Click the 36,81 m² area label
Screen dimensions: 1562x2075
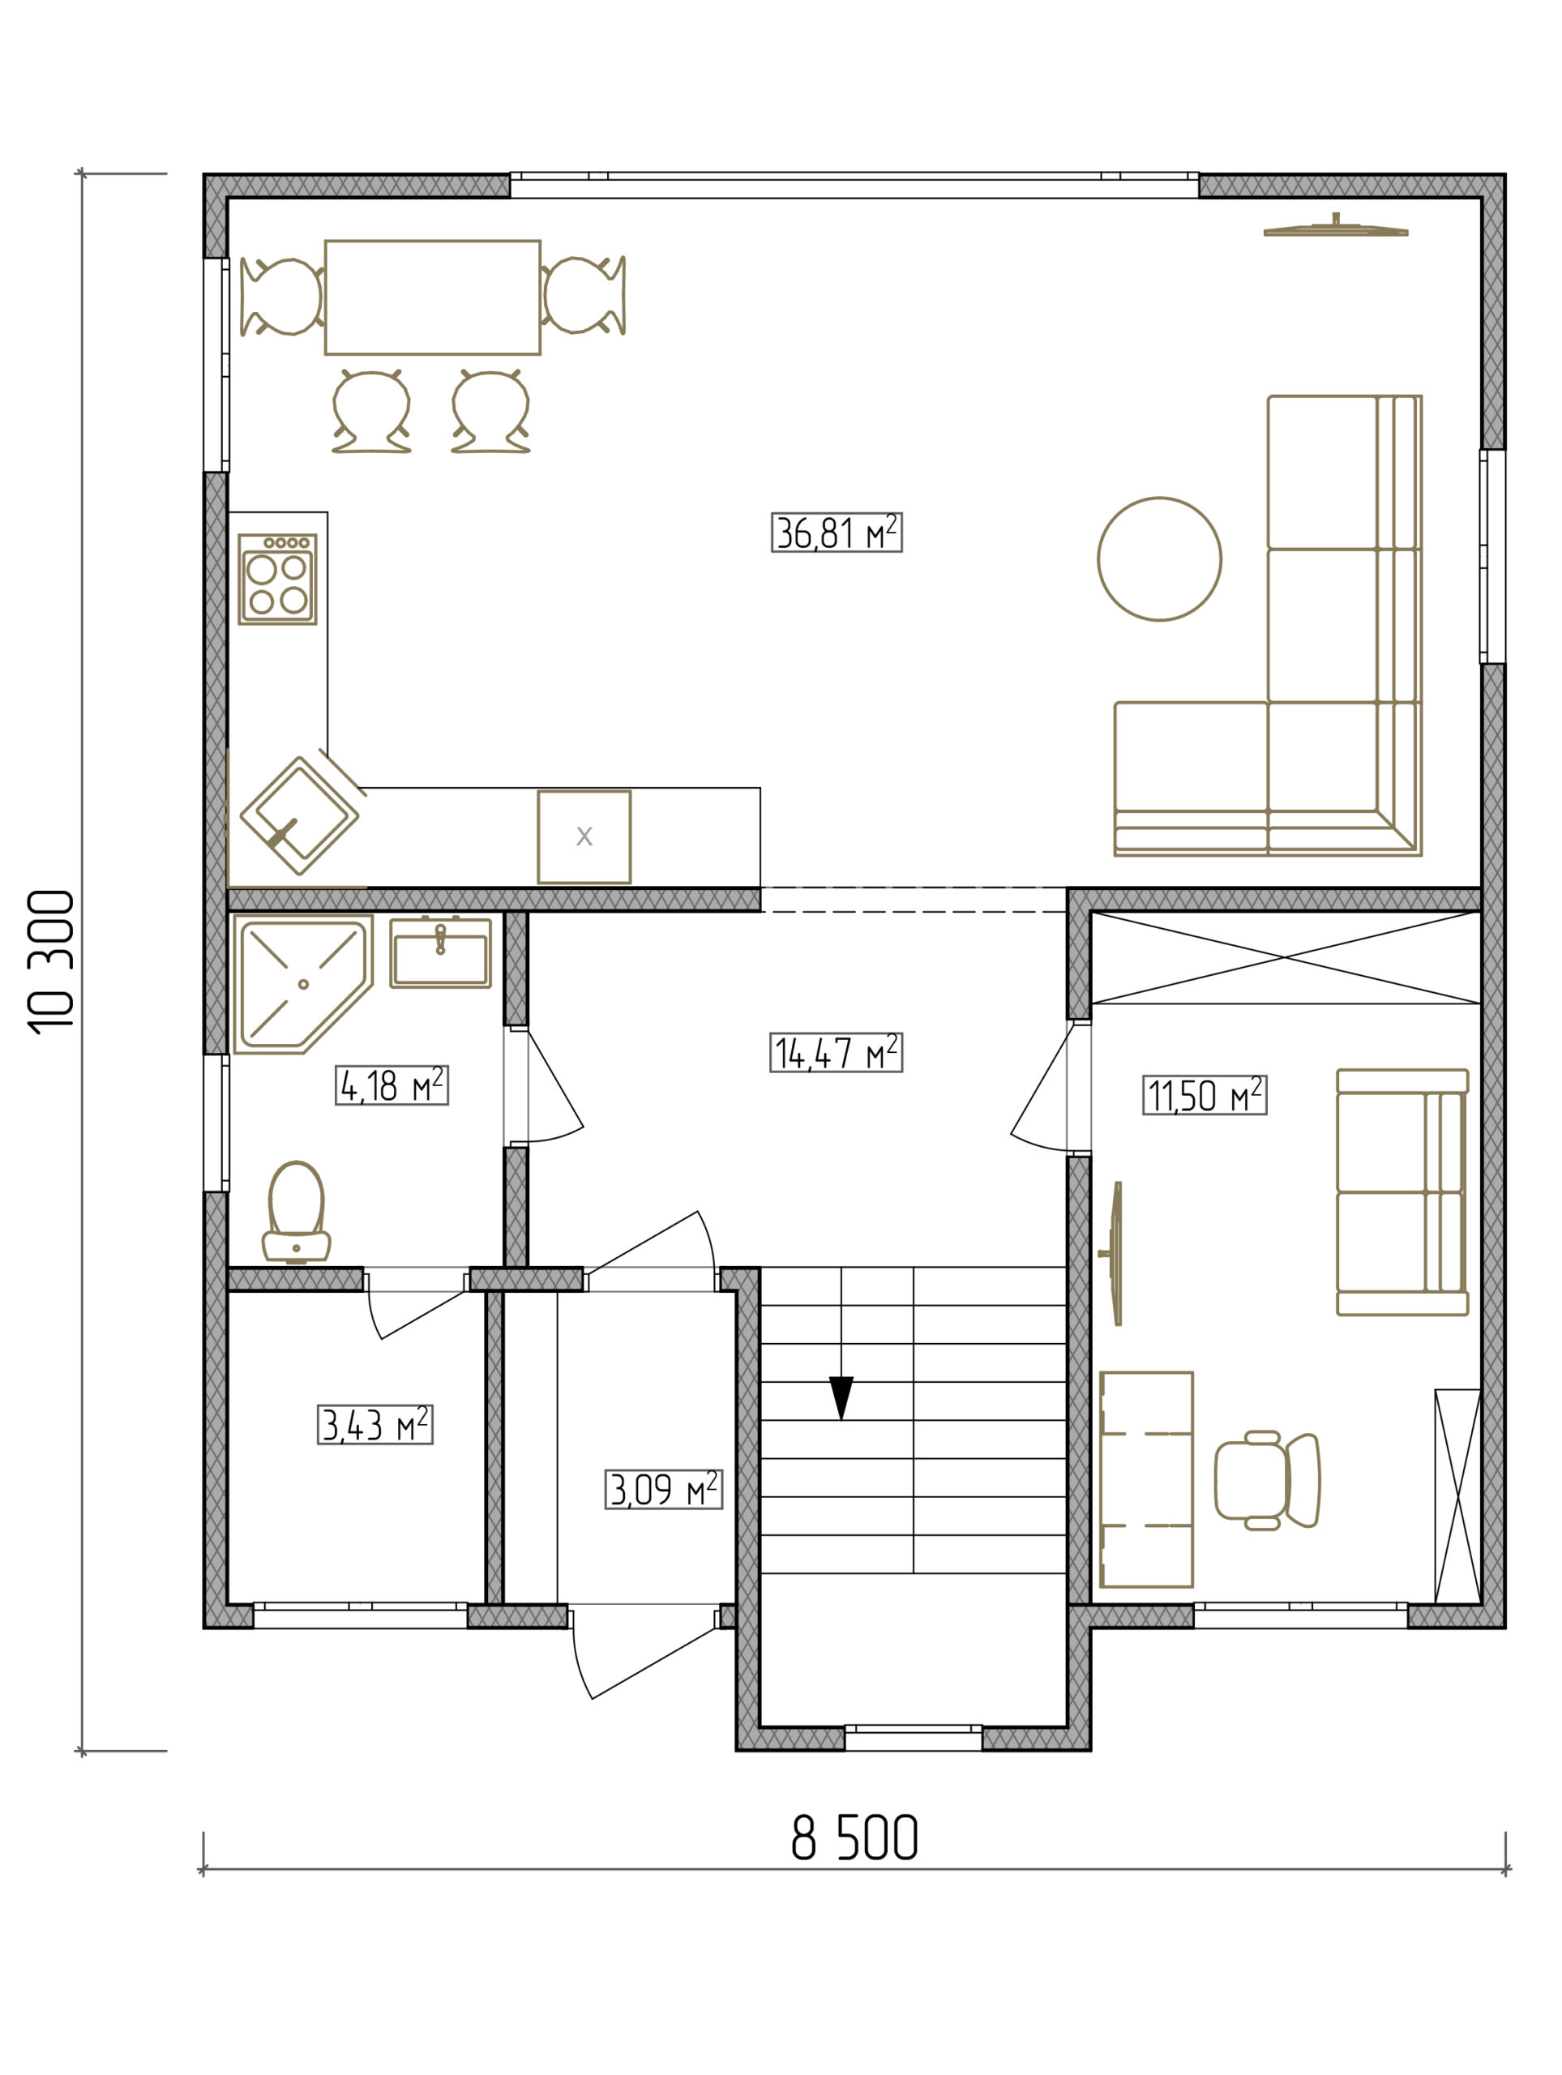point(836,532)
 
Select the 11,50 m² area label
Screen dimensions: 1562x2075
point(1205,1095)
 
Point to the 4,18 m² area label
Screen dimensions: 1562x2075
point(392,1085)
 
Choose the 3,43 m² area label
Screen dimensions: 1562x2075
point(374,1424)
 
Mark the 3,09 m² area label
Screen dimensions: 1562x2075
point(663,1489)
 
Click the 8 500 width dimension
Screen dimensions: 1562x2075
point(854,1838)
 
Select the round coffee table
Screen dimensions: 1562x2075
point(1159,559)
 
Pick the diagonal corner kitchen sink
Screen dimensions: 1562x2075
point(299,815)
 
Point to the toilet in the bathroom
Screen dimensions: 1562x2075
point(297,1212)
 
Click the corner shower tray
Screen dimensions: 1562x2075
point(302,984)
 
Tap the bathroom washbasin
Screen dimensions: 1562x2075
point(440,952)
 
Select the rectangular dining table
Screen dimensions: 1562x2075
point(433,297)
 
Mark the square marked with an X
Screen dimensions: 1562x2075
point(584,836)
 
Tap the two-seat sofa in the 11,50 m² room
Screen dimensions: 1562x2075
point(1402,1192)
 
